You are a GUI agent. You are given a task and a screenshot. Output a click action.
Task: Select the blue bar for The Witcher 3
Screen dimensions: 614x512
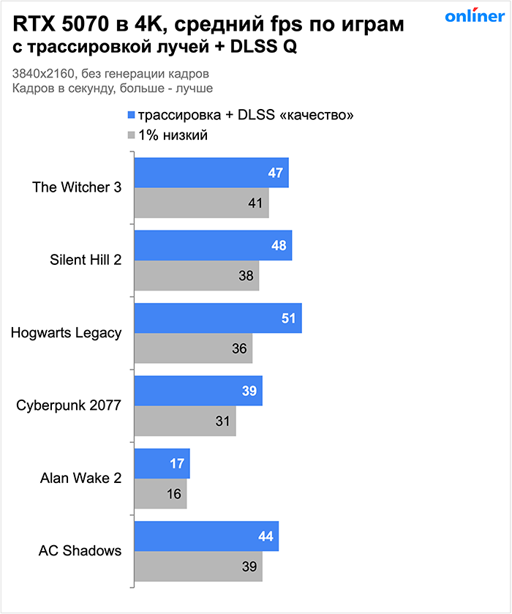(x=211, y=173)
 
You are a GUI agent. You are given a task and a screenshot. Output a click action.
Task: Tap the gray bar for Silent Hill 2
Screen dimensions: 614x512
(x=196, y=276)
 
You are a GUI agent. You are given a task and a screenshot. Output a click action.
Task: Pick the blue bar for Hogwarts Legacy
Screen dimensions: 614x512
(x=217, y=318)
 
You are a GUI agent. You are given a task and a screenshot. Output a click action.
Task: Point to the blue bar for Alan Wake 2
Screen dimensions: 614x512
(x=162, y=464)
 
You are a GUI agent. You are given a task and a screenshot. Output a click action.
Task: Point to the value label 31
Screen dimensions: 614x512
(x=222, y=422)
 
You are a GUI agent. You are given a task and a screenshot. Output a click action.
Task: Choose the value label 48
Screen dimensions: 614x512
(x=279, y=246)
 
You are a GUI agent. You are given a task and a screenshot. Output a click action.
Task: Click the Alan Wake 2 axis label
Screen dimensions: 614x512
(x=80, y=479)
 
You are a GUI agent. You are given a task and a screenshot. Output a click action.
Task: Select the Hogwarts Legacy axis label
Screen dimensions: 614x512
(x=67, y=333)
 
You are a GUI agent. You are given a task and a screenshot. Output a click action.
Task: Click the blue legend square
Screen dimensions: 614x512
(x=132, y=115)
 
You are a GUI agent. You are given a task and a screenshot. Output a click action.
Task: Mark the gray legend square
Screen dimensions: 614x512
(x=132, y=135)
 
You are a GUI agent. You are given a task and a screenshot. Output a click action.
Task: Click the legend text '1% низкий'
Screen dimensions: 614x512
(x=173, y=135)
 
